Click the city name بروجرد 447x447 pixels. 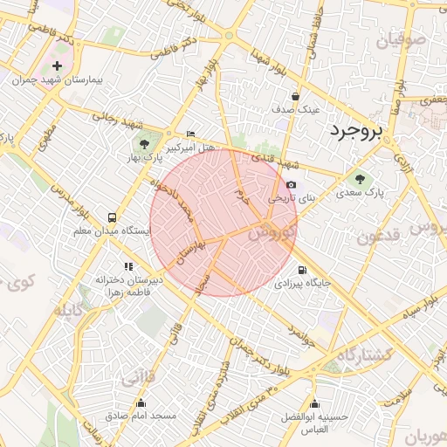355,133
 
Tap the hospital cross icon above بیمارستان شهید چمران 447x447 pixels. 58,65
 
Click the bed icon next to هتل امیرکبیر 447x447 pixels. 191,134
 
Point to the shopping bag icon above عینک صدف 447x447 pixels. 297,97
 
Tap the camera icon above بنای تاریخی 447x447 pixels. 291,185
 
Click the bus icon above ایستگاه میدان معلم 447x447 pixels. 112,217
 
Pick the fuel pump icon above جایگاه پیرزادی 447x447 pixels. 302,271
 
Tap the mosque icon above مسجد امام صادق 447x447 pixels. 141,402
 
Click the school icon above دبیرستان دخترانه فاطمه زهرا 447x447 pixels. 128,266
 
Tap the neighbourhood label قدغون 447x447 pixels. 378,237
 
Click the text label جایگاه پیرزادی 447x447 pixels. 301,284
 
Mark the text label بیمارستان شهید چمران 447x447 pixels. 58,79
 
